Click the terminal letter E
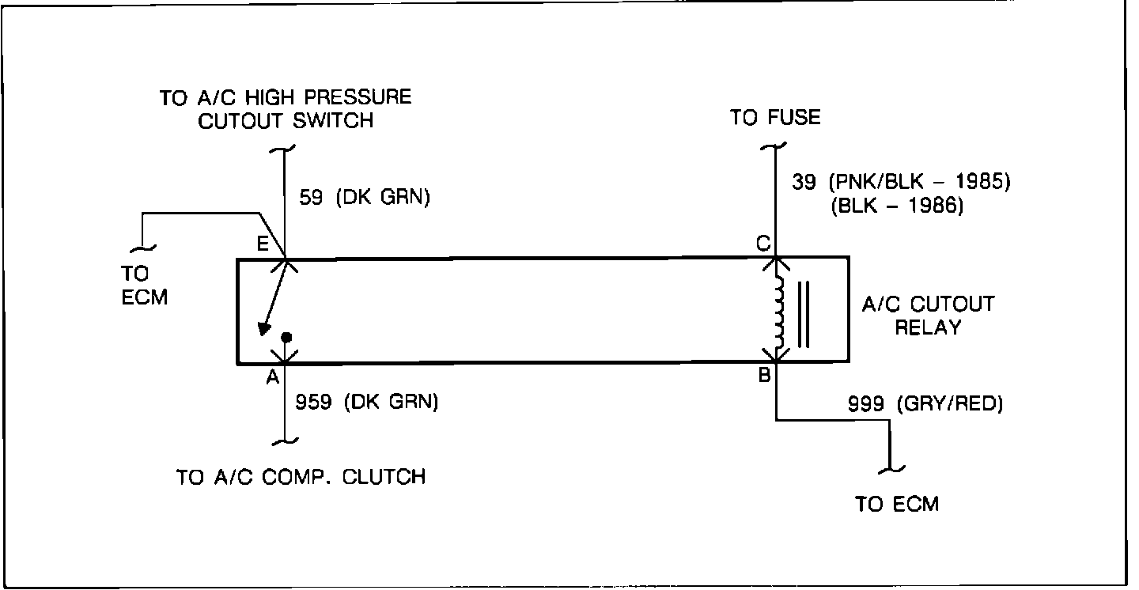tap(262, 244)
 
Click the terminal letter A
tap(272, 378)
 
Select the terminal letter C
tap(763, 244)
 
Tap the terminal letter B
tap(764, 376)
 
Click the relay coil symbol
tap(781, 311)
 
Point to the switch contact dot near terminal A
tap(286, 336)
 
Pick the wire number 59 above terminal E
tap(311, 198)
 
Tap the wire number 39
tap(805, 182)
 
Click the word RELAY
tap(928, 327)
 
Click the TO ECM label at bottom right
tap(897, 504)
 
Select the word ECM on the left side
tap(145, 299)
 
